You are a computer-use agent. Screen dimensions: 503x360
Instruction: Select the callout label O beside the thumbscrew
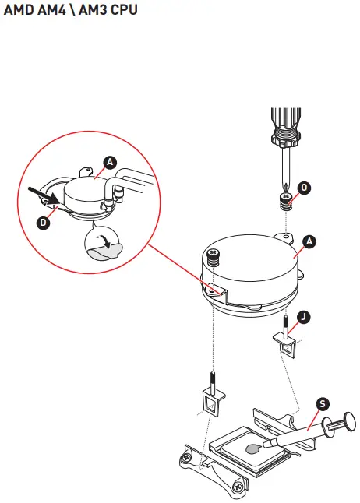pyautogui.click(x=304, y=188)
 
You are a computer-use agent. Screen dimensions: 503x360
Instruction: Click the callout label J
pyautogui.click(x=303, y=316)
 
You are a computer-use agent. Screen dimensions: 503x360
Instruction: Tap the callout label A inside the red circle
pyautogui.click(x=110, y=162)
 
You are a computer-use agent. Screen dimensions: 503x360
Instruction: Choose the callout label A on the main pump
pyautogui.click(x=309, y=241)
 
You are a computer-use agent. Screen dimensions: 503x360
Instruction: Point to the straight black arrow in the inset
pyautogui.click(x=41, y=195)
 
